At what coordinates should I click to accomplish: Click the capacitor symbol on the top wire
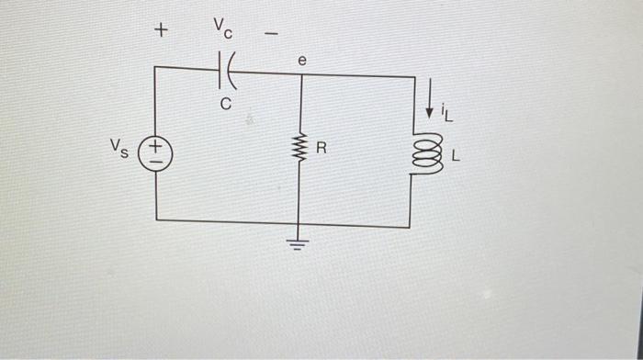pos(225,68)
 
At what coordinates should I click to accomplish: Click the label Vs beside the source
pos(118,147)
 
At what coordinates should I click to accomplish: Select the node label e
pos(300,58)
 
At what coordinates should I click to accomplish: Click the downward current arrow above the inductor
pos(428,107)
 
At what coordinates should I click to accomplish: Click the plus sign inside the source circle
pos(156,145)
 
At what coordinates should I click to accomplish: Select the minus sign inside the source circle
pos(156,158)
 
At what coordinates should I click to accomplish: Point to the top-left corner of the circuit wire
pos(156,67)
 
